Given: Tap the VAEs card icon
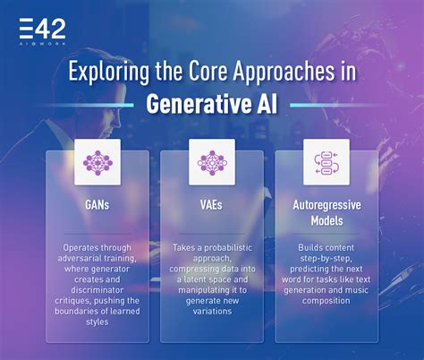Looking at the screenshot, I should coord(212,161).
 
